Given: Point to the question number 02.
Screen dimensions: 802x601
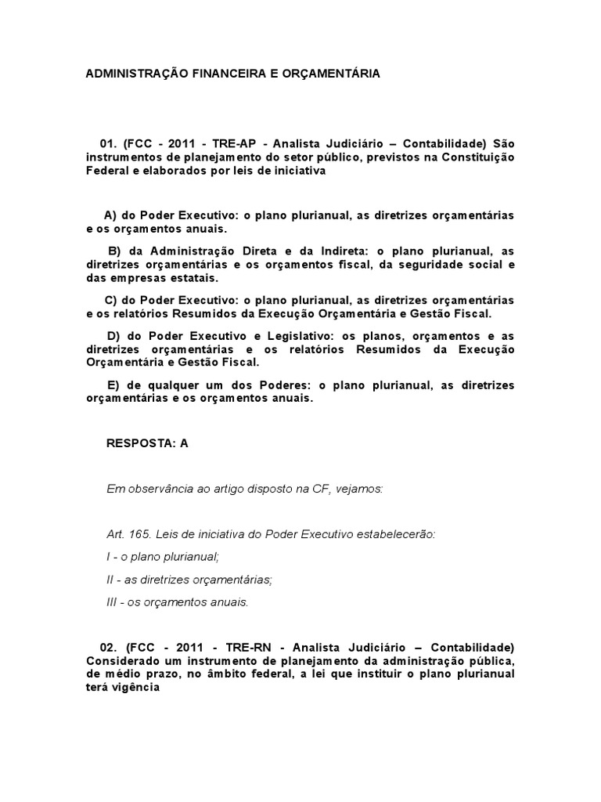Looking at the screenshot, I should click(x=107, y=648).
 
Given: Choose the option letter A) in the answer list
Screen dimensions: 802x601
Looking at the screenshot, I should click(x=110, y=215).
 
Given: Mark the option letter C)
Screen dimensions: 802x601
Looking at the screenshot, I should click(x=110, y=300).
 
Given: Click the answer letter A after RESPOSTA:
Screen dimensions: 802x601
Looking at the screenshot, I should click(x=185, y=443).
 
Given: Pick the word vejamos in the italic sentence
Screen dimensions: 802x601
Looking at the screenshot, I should click(x=360, y=489).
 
